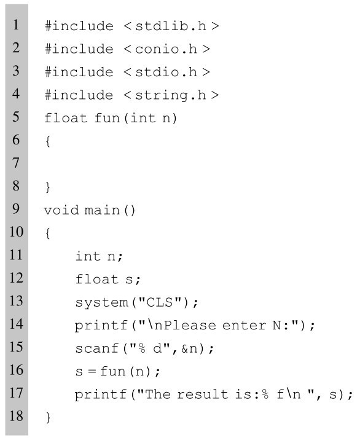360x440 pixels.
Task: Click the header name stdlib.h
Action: pos(171,26)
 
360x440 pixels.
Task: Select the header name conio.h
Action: pos(166,49)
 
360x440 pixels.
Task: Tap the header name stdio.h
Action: pos(166,72)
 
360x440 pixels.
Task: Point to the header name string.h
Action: pos(171,95)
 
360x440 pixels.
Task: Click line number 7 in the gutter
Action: pos(16,163)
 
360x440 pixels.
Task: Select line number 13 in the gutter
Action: pos(16,301)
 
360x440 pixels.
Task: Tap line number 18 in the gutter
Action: pos(16,416)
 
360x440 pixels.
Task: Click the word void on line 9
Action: pos(61,210)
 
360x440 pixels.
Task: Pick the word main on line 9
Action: pos(102,210)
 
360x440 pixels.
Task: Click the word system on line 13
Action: pos(101,302)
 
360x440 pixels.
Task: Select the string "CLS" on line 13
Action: pos(160,302)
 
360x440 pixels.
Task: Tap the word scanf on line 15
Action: pos(97,348)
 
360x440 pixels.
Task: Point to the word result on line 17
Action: pos(203,395)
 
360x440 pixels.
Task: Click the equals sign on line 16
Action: pos(92,372)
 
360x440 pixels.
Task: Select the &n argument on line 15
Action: pos(190,348)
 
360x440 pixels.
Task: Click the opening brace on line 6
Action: pos(48,141)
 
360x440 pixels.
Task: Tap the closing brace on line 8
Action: pos(48,187)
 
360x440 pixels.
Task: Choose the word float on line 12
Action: pos(97,279)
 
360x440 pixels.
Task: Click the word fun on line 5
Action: pos(108,118)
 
